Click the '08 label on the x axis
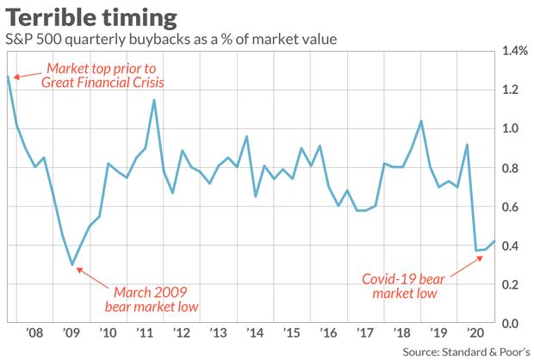(x=34, y=333)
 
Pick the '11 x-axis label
(x=145, y=333)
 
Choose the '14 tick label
(x=255, y=333)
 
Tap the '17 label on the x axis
(x=364, y=333)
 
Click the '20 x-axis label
(x=474, y=333)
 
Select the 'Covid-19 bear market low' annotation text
(x=406, y=286)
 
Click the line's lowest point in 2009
(x=72, y=264)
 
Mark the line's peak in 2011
(x=154, y=100)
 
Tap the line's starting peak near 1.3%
(x=8, y=77)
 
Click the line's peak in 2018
(x=420, y=121)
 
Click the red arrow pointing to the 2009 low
(x=89, y=276)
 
